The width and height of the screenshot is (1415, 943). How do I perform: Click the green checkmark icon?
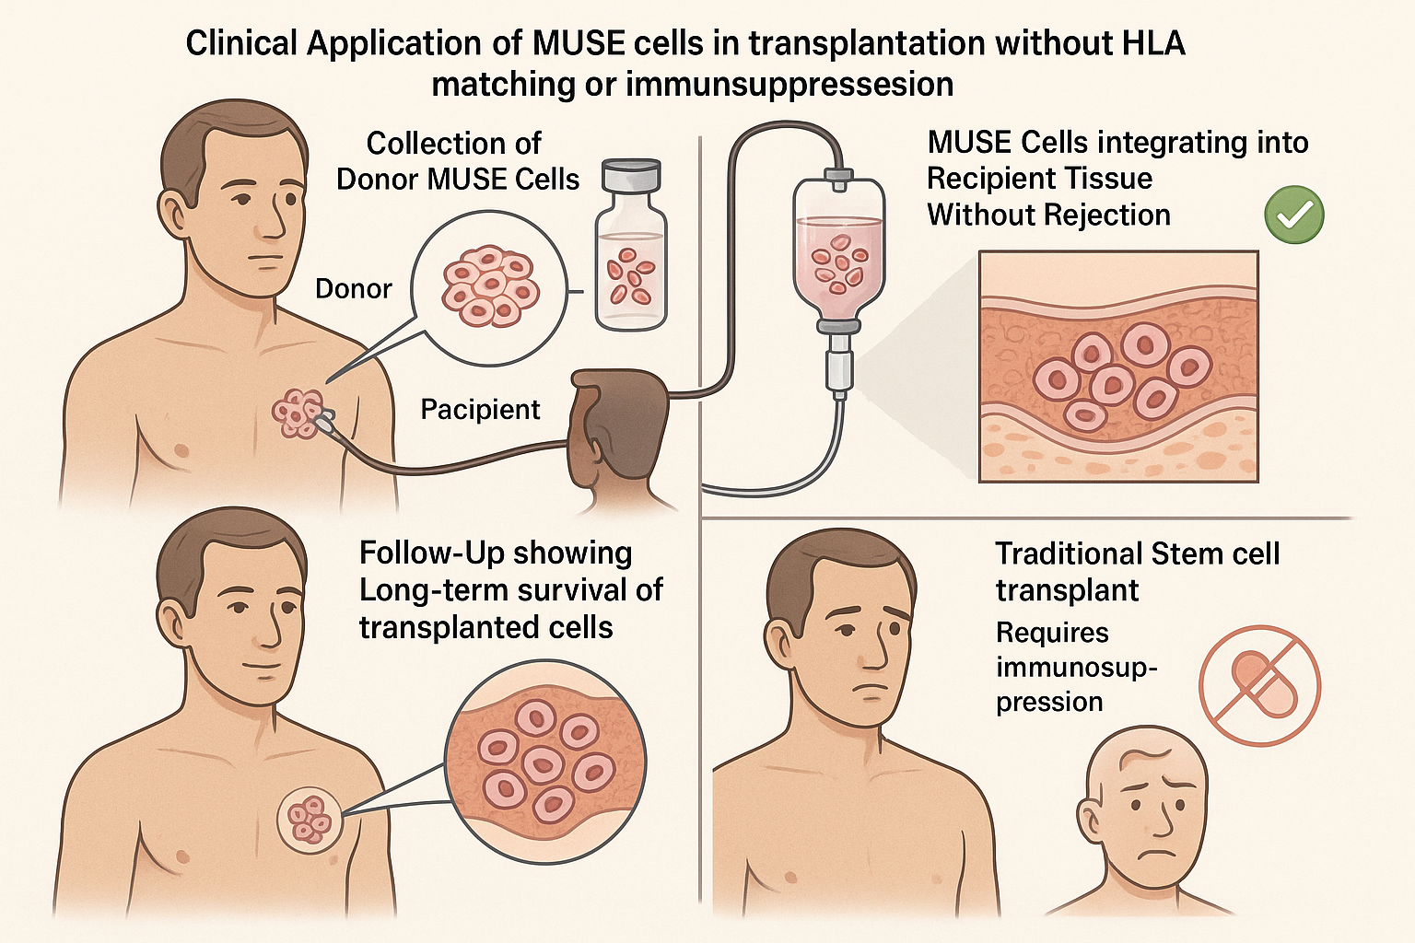pyautogui.click(x=1294, y=215)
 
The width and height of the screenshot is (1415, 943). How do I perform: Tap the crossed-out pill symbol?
pyautogui.click(x=1259, y=685)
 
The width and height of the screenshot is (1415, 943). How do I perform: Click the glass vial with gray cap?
pyautogui.click(x=630, y=247)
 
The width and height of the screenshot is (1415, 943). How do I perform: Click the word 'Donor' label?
pyautogui.click(x=353, y=289)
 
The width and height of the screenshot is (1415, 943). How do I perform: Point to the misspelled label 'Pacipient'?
pyautogui.click(x=480, y=409)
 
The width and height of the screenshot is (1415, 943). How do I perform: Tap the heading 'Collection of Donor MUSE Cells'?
pyautogui.click(x=457, y=161)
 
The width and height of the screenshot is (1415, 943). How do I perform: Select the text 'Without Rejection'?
pyautogui.click(x=1048, y=215)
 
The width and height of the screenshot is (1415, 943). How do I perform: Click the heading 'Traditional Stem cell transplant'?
pyautogui.click(x=1137, y=571)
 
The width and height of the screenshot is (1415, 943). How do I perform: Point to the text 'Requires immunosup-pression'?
pyautogui.click(x=1076, y=667)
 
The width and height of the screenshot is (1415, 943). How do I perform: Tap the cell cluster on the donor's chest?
pyautogui.click(x=298, y=413)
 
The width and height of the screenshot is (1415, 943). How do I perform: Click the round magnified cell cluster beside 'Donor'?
pyautogui.click(x=487, y=286)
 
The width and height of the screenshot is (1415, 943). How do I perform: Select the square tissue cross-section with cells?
pyautogui.click(x=1117, y=367)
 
